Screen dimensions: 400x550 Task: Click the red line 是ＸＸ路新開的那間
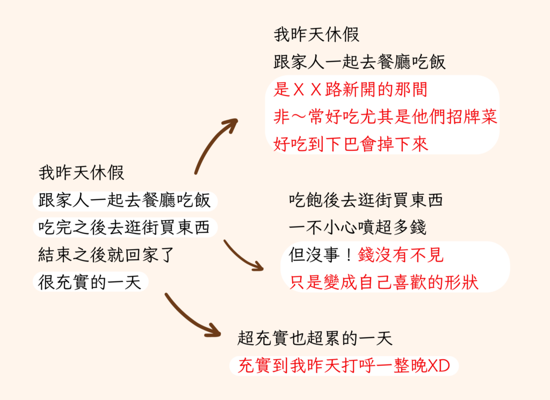click(x=351, y=90)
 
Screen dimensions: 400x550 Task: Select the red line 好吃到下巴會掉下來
click(x=351, y=144)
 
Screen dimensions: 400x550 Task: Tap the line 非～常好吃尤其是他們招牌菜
click(x=385, y=117)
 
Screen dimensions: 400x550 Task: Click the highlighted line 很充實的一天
click(x=90, y=281)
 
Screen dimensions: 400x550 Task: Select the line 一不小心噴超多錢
click(x=357, y=227)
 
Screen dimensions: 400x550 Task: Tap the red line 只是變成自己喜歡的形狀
click(x=383, y=282)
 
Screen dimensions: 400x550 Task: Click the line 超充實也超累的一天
click(x=315, y=338)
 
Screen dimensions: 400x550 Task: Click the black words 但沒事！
click(x=321, y=255)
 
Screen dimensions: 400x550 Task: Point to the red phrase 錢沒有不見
click(x=400, y=255)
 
